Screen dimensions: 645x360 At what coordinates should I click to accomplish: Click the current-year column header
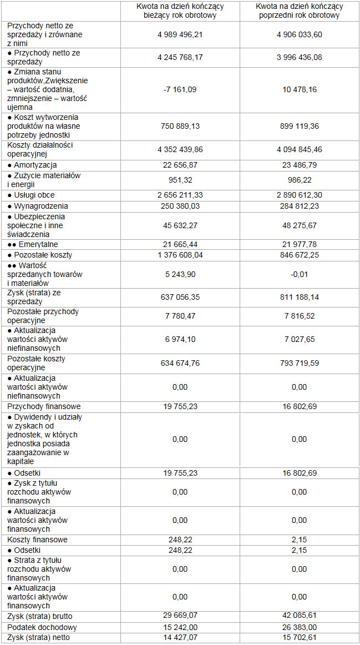[180, 11]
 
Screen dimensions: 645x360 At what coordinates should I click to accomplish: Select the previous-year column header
[299, 11]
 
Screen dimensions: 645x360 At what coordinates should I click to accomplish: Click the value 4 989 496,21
[180, 34]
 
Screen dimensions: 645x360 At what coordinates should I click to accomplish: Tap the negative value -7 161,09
[180, 89]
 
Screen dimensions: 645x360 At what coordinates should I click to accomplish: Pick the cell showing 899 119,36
[299, 126]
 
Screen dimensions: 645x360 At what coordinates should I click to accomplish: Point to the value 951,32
[180, 180]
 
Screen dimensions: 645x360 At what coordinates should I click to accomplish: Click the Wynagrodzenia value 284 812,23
[299, 206]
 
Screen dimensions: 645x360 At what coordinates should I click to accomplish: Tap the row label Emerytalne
[33, 244]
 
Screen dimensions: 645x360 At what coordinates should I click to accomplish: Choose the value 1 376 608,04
[180, 255]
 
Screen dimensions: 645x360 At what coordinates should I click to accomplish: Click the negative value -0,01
[299, 274]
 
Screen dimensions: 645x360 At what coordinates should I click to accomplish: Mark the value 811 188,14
[299, 297]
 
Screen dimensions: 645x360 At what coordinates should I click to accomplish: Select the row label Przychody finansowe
[44, 406]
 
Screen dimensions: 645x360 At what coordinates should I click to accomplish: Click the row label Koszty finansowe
[38, 540]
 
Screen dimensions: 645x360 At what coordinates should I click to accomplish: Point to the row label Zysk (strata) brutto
[40, 616]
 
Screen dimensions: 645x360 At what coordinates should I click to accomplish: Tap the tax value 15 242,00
[180, 627]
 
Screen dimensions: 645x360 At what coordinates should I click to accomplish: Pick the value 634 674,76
[180, 364]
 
